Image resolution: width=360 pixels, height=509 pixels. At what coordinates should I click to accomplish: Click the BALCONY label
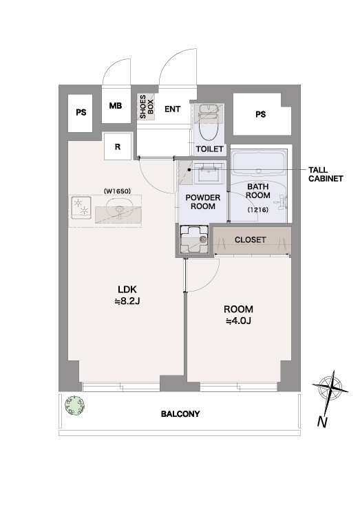tap(180, 414)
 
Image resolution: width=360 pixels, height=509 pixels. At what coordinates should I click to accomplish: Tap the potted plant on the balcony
tap(75, 405)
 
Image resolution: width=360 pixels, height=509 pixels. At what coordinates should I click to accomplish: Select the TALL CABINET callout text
tap(326, 174)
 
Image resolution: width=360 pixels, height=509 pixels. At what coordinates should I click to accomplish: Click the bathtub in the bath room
tap(259, 164)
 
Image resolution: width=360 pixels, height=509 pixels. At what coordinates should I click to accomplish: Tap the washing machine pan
tap(193, 239)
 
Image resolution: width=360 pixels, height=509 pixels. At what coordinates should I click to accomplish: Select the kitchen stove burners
tap(81, 208)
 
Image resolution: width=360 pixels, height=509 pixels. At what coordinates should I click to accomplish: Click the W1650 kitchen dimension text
tap(117, 191)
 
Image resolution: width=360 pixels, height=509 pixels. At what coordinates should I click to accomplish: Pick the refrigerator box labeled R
tap(118, 147)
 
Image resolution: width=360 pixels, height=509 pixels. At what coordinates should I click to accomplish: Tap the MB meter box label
tap(116, 106)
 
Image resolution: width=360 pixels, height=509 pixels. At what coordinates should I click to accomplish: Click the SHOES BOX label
tap(147, 107)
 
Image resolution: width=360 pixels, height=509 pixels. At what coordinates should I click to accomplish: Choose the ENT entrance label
tap(172, 109)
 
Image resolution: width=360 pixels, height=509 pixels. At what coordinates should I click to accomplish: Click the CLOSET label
tap(250, 240)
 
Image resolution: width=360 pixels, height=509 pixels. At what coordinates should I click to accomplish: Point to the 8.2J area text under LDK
tap(127, 301)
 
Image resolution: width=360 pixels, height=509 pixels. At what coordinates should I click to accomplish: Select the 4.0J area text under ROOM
tap(238, 321)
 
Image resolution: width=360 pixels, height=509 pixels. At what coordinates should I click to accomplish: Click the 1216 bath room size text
tap(258, 210)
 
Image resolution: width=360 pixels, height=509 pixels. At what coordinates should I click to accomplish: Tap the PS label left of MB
tap(81, 112)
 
